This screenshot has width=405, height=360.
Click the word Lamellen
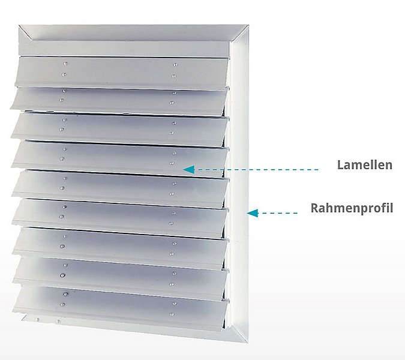365,164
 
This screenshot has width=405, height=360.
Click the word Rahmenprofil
352,208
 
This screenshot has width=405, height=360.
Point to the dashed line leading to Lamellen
258,170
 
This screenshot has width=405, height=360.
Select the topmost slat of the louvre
120,73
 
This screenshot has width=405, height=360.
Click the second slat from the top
120,101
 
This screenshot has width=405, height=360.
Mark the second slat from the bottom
120,276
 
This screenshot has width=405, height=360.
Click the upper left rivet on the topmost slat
64,62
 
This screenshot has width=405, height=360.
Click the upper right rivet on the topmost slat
174,64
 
